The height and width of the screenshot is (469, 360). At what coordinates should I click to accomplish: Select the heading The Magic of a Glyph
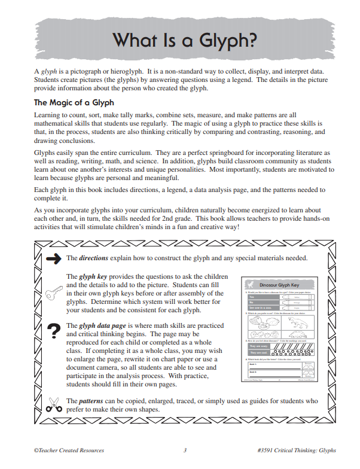74,103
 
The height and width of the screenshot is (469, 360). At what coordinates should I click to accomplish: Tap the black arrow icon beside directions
53,258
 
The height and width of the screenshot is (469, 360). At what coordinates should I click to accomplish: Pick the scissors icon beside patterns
53,405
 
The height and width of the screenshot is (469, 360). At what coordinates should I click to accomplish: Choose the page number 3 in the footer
185,450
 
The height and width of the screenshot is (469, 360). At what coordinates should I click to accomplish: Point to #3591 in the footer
264,450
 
